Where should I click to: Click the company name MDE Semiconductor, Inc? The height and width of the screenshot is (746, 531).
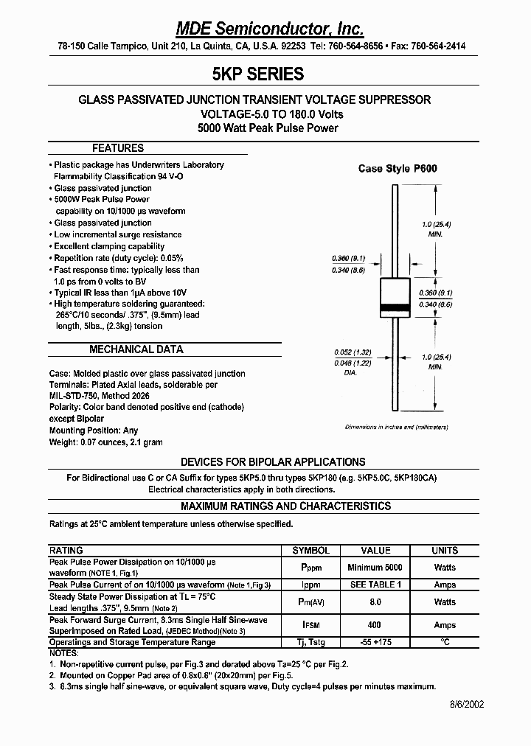(269, 29)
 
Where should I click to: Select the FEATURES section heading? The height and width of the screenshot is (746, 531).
(118, 148)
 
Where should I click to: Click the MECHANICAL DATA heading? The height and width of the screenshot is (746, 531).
(136, 349)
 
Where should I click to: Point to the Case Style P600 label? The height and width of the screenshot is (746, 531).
(398, 169)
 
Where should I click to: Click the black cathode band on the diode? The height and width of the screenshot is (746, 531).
(395, 307)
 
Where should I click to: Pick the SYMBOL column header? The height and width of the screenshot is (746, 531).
(311, 551)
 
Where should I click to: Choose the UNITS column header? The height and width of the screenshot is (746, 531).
(445, 551)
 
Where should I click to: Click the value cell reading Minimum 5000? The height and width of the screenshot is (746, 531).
(375, 568)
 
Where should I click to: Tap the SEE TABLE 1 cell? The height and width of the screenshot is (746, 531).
(375, 585)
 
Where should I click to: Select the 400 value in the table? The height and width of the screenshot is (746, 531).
(375, 625)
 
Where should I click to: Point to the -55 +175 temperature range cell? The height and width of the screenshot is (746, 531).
(375, 642)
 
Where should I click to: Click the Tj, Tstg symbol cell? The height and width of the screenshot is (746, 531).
(311, 642)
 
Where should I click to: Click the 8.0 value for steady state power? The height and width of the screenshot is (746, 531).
(375, 602)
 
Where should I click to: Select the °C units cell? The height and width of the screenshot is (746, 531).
(445, 642)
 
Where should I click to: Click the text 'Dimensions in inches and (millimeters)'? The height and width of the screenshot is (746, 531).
(397, 428)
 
